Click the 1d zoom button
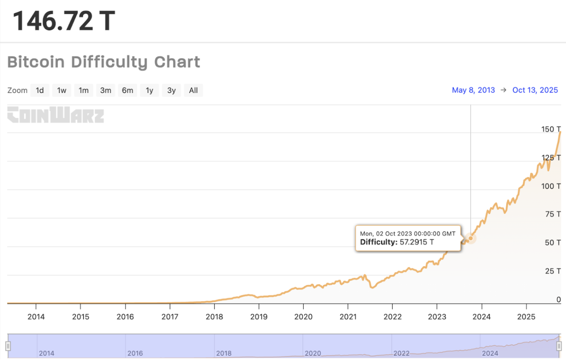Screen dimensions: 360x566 coord(40,90)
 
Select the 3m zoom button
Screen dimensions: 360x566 coord(105,90)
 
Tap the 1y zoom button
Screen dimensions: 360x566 coord(150,90)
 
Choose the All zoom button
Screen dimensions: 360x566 coord(193,90)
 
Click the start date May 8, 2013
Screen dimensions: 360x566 coord(473,90)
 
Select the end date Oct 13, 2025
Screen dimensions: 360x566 coord(535,90)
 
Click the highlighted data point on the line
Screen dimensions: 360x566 coord(471,238)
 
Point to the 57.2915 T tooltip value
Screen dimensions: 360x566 coord(416,242)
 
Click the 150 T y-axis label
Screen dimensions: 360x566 coord(551,129)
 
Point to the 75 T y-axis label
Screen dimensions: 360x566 coord(553,214)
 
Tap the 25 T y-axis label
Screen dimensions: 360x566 coord(553,271)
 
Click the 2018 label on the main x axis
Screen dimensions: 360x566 coord(214,317)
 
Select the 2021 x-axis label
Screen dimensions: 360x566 coord(348,317)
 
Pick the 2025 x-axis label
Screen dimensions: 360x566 coord(526,317)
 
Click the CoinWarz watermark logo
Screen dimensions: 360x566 coord(56,115)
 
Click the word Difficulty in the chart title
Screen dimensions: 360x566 coord(109,62)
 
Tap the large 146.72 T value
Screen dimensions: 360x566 coord(64,20)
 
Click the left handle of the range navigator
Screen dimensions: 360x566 coord(8,346)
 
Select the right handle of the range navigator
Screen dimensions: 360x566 coord(559,346)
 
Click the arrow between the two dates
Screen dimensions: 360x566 coord(503,90)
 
